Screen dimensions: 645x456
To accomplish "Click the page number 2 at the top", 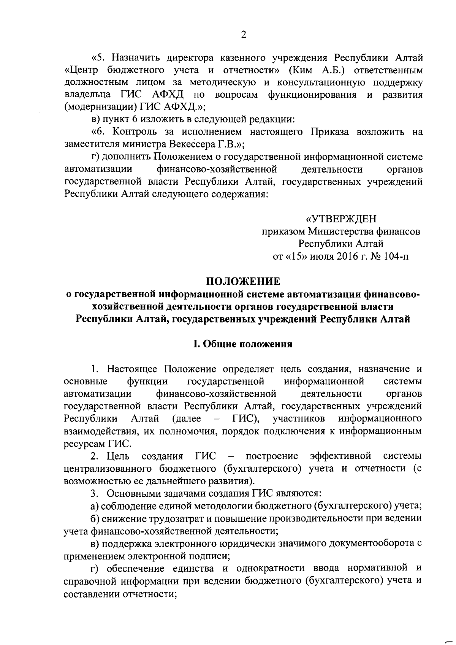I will [x=244, y=35].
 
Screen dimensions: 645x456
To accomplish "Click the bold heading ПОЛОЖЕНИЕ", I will [x=243, y=281].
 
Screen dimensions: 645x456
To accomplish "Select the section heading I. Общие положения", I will [x=243, y=344].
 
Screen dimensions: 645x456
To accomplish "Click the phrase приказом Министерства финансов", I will [x=340, y=231].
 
